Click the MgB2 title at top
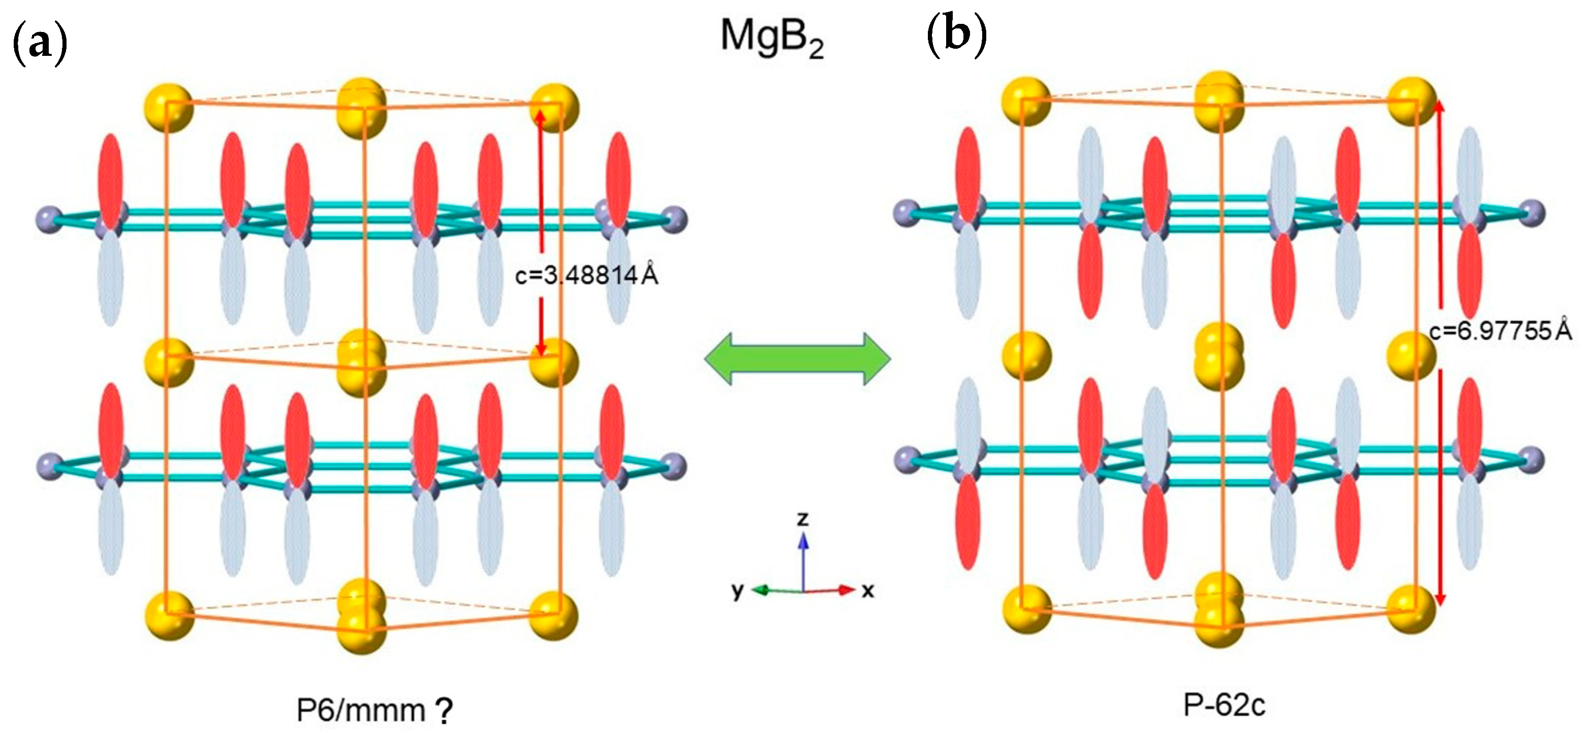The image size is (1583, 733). click(x=771, y=38)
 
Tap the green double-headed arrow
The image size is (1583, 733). click(x=797, y=359)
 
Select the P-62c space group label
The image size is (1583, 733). click(x=1224, y=706)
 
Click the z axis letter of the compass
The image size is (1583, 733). click(x=802, y=519)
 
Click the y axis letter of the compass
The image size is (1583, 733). click(x=737, y=591)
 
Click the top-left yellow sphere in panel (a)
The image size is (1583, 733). click(x=169, y=108)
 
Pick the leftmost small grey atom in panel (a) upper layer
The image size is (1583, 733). click(x=49, y=218)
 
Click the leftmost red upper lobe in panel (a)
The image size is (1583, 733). click(x=111, y=178)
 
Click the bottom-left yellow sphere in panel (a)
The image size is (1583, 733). click(x=169, y=614)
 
